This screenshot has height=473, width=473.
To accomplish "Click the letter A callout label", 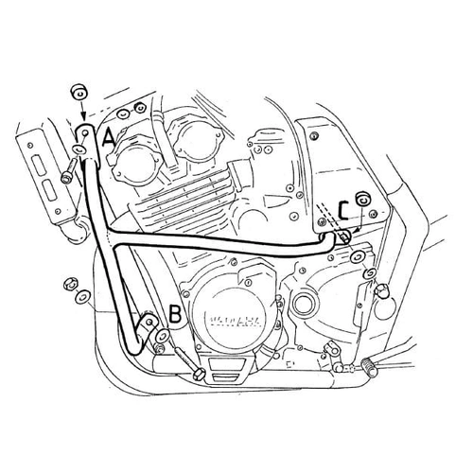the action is (x=109, y=140).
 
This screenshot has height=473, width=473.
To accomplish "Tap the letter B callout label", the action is (x=175, y=314).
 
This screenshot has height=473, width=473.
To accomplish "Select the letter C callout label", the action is (x=343, y=211).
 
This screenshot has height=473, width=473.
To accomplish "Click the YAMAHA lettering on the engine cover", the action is (x=235, y=321).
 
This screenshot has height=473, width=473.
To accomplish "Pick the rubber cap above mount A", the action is (x=79, y=92).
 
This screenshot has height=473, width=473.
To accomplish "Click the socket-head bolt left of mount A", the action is (x=68, y=170).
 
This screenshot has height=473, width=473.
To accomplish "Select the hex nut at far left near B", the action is (x=70, y=285).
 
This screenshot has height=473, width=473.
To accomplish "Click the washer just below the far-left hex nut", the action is (x=82, y=296).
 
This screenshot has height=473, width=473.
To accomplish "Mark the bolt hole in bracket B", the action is (x=149, y=321).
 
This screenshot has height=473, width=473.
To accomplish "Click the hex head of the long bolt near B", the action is (x=199, y=375).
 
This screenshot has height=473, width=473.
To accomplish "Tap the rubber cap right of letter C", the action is (x=362, y=199).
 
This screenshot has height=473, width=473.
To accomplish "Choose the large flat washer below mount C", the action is (x=358, y=257).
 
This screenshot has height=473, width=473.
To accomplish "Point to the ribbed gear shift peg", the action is (x=370, y=368).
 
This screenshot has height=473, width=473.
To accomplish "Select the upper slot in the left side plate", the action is (x=39, y=165).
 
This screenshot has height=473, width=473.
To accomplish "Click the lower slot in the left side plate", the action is (x=50, y=190).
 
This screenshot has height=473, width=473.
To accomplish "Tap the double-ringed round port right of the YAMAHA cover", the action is (x=303, y=305).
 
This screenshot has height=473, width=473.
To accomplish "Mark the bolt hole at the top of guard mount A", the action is (x=84, y=134).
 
